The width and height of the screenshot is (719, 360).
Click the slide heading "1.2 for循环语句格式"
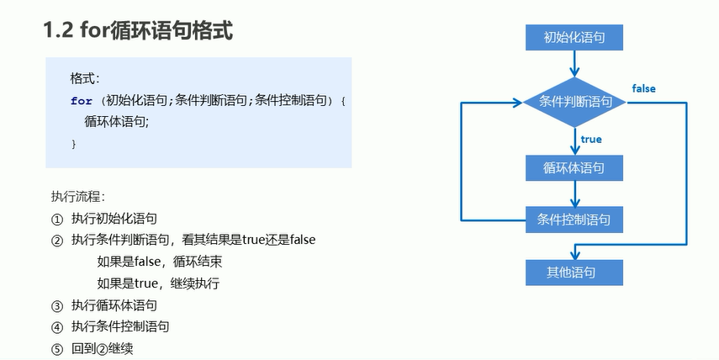point(138,31)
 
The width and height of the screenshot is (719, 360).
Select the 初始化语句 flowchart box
point(574,37)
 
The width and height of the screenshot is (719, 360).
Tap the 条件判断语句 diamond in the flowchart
point(574,102)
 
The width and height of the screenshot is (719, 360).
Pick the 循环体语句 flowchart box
point(574,167)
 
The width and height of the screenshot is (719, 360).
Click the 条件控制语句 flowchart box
point(574,220)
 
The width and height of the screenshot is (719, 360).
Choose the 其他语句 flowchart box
point(574,273)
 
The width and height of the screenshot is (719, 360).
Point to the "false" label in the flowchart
point(643,88)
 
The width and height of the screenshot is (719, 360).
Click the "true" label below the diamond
point(591,139)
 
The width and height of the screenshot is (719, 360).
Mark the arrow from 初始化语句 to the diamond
point(574,63)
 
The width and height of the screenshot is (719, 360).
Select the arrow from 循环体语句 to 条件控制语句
point(574,193)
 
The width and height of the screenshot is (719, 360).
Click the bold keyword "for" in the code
point(82,100)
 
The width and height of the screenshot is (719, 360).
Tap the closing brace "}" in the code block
point(74,144)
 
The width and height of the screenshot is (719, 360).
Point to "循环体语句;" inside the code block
point(117,122)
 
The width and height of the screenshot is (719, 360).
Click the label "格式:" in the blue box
point(85,78)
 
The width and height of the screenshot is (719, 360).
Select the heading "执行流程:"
point(77,196)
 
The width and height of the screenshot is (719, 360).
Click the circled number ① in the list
point(57,218)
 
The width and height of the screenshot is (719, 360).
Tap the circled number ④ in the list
point(57,326)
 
